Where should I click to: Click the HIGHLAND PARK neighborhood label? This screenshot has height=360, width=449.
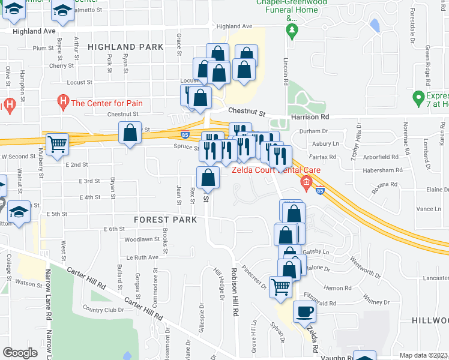125,46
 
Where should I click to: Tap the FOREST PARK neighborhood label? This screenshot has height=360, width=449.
166,220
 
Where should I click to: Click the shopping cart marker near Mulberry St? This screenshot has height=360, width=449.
57,143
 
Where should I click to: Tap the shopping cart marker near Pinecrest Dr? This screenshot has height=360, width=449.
281,287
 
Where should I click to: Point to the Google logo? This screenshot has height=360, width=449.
20,353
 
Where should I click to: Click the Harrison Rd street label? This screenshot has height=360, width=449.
310,117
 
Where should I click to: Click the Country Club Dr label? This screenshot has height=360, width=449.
103,310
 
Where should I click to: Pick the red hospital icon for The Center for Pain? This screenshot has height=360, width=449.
62,102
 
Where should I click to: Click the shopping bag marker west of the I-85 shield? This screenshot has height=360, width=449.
130,133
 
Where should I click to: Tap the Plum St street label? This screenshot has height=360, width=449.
43,48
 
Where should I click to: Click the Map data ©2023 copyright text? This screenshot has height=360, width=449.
423,355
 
